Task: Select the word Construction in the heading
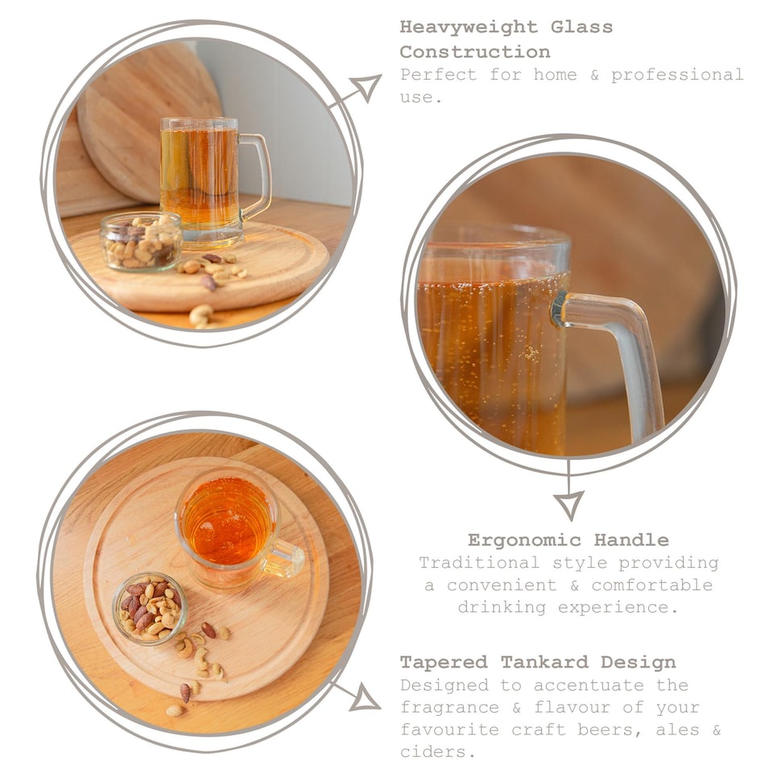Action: [475, 52]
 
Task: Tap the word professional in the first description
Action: [677, 75]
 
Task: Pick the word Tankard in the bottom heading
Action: [547, 663]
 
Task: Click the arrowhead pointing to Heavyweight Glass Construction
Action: [366, 86]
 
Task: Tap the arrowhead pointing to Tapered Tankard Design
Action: [365, 697]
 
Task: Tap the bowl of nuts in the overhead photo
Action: [150, 607]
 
